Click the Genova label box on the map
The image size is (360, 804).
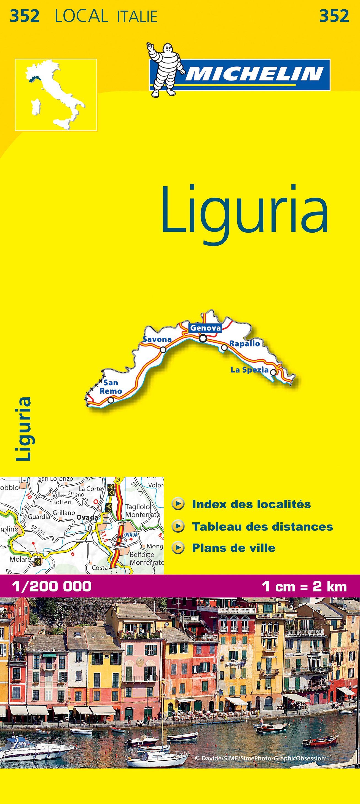point(205,328)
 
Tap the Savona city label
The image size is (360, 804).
point(157,339)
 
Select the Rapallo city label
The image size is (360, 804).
point(245,344)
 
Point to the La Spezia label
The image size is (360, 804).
point(249,370)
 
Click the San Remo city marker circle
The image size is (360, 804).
point(111,400)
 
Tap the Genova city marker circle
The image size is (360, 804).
point(203,338)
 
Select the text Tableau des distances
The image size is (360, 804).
point(262,526)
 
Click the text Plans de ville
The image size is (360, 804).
point(233,548)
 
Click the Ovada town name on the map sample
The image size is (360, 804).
point(87,517)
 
